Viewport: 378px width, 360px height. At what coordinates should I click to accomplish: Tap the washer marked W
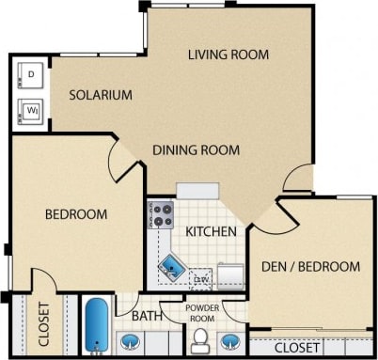pyautogui.click(x=29, y=109)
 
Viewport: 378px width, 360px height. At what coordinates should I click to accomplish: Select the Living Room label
pyautogui.click(x=228, y=55)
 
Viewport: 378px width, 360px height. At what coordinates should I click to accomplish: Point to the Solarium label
pyautogui.click(x=91, y=95)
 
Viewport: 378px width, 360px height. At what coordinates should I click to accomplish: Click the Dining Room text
pyautogui.click(x=196, y=149)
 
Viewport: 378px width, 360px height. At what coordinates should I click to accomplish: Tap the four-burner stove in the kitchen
pyautogui.click(x=162, y=215)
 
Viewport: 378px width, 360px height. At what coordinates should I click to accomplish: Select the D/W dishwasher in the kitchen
pyautogui.click(x=199, y=278)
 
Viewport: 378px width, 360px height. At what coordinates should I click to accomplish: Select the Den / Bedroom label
pyautogui.click(x=311, y=266)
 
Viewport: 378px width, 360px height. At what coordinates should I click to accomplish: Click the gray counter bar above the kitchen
pyautogui.click(x=197, y=190)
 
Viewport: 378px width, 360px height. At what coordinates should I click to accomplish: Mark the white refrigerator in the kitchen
pyautogui.click(x=230, y=275)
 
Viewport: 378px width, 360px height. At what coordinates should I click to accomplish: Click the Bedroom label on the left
pyautogui.click(x=75, y=214)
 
